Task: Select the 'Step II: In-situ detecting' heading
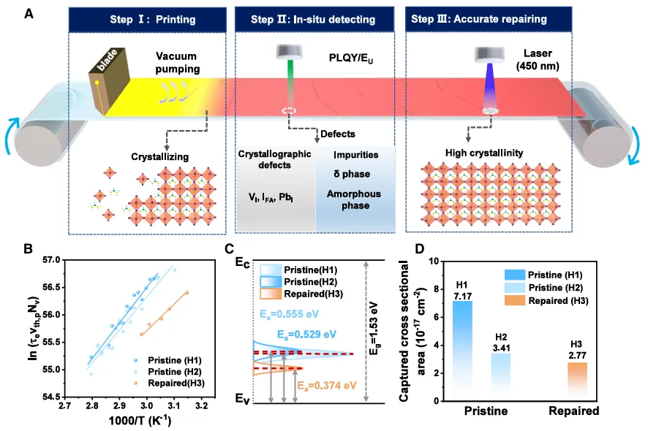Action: click(317, 20)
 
